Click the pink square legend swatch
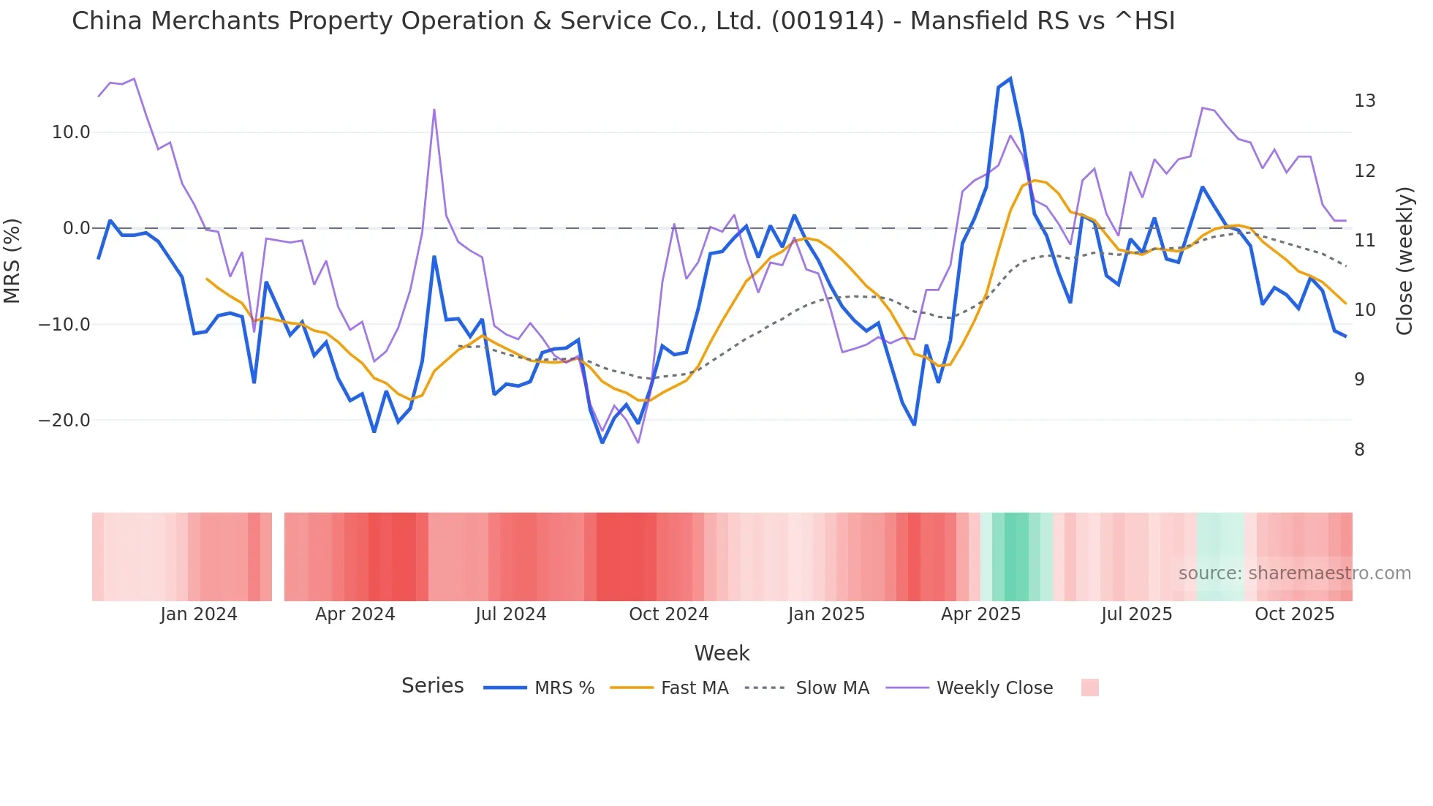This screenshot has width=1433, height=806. [1089, 688]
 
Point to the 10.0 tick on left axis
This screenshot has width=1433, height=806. [71, 132]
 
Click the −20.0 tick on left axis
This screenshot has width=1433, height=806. [65, 421]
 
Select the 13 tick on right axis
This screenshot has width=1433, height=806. [1364, 101]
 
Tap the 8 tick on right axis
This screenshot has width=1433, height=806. [1359, 450]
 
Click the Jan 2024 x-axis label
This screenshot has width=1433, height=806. [199, 614]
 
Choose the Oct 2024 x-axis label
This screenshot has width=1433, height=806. [669, 614]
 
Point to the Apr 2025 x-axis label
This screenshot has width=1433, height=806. [980, 614]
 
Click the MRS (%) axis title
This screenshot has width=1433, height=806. [12, 260]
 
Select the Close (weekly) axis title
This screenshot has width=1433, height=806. [1404, 261]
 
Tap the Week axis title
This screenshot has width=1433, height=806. [722, 653]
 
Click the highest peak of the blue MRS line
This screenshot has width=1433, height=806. [1010, 78]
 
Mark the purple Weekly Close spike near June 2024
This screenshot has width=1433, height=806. [434, 110]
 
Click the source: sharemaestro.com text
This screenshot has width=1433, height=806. [1294, 573]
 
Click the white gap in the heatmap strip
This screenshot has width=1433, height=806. [278, 557]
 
